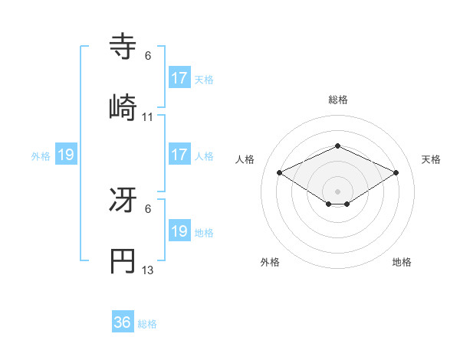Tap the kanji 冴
coord(123,201)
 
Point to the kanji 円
coord(123,260)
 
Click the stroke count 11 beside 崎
coord(148,117)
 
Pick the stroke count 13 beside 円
coord(148,270)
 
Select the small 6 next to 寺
coord(148,56)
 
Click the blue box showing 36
coord(122,322)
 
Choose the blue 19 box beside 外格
coord(65,155)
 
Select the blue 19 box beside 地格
coord(179,231)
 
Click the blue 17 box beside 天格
coord(179,78)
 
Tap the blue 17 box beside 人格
coord(179,155)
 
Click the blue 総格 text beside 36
coord(147,324)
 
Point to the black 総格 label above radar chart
coord(337,100)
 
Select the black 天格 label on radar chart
coord(431,159)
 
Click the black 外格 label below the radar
coord(270,262)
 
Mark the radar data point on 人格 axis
coord(279,172)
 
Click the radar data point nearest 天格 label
coord(396,172)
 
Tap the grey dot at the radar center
coord(337,191)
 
